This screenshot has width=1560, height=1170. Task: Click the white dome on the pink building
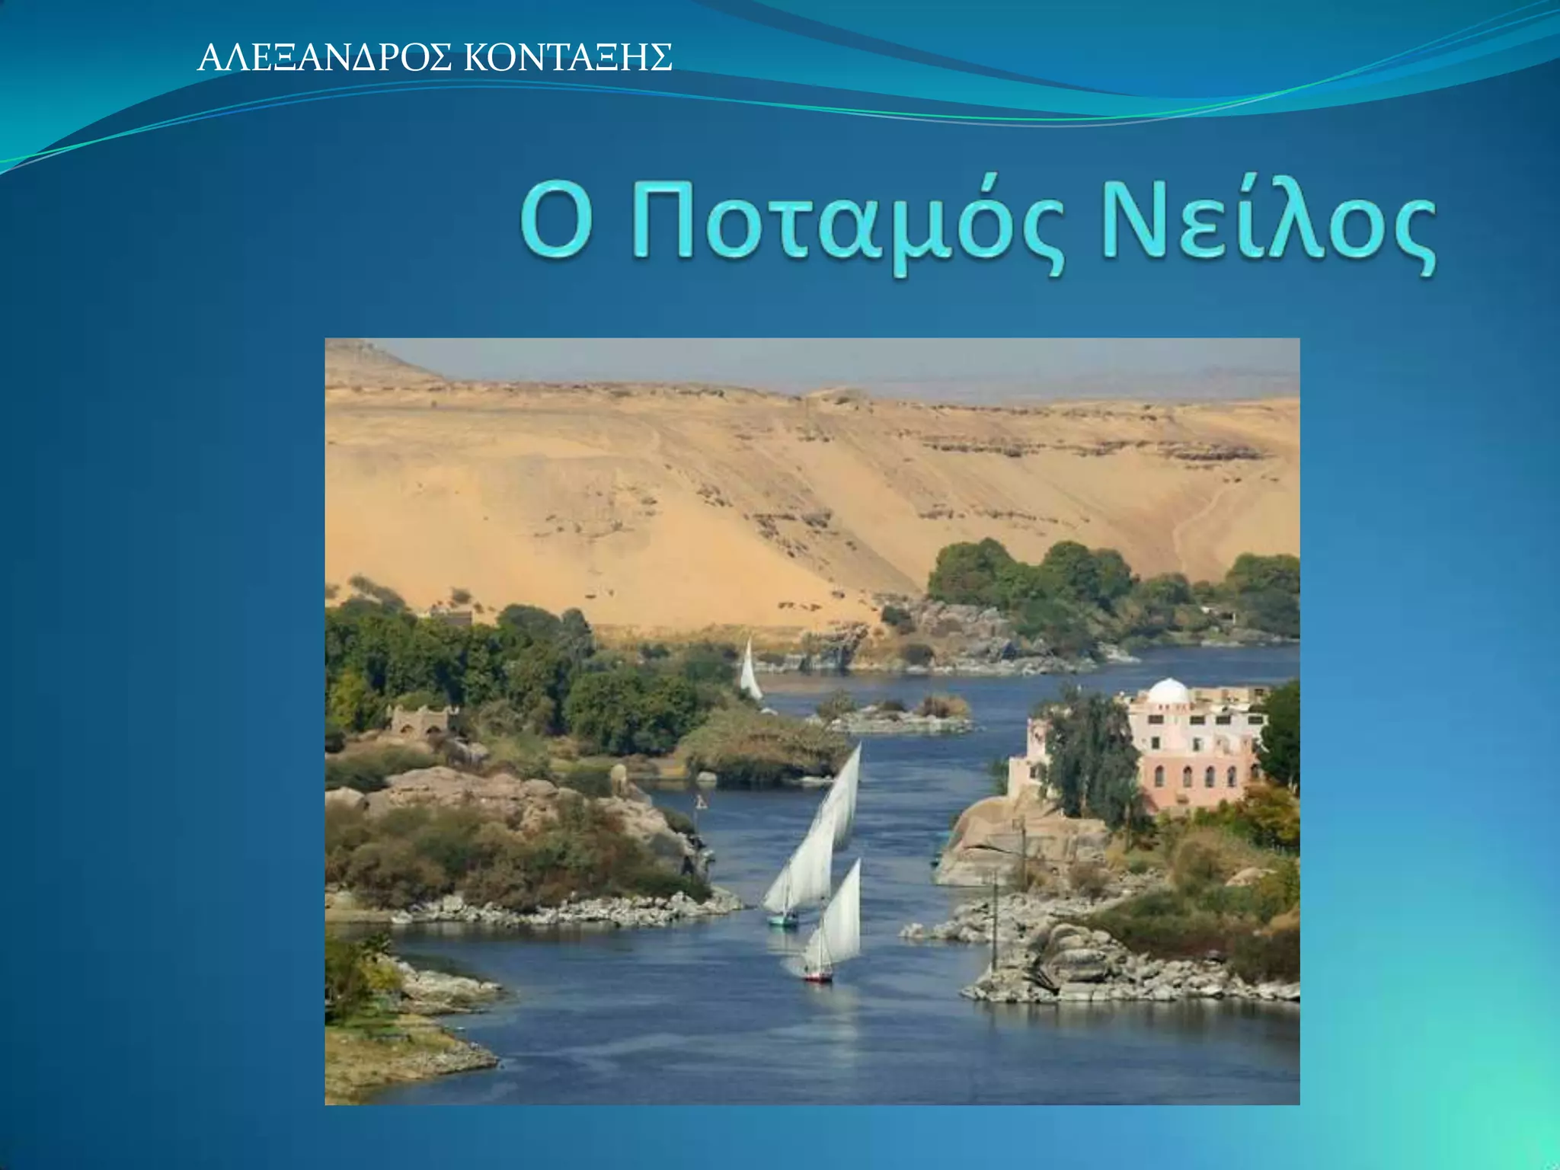click(x=1168, y=692)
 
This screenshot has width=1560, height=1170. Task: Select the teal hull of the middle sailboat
click(x=782, y=921)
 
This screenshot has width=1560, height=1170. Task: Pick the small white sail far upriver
click(x=750, y=671)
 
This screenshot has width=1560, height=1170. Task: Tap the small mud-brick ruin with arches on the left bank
click(x=420, y=721)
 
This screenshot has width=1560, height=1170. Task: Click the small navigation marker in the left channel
click(x=700, y=802)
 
